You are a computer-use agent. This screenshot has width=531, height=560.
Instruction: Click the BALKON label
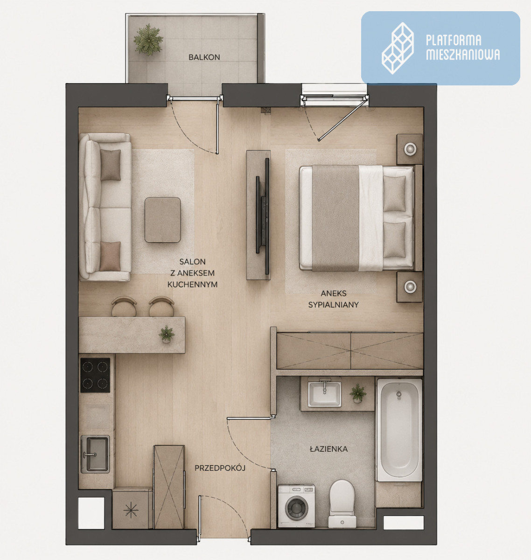coord(204,57)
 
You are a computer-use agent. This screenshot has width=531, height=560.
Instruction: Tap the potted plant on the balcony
coord(148,40)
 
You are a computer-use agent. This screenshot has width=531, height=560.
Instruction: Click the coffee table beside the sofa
coord(163,220)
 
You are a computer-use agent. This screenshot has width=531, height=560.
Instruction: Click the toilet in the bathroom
coord(342,504)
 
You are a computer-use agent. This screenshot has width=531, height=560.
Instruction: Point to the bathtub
coord(399,430)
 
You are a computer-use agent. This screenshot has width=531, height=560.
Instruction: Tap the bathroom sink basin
coord(324,394)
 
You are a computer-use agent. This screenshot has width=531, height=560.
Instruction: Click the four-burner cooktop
coord(95,375)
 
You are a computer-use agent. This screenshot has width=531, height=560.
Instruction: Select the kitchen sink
coord(95,454)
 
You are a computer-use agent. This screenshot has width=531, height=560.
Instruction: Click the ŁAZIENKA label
coord(329,449)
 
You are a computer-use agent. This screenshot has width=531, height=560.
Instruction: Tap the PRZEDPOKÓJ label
coord(220,468)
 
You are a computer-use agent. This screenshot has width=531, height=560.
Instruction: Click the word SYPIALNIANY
coord(333,305)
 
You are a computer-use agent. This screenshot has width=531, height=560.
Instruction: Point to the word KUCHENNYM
coord(192,285)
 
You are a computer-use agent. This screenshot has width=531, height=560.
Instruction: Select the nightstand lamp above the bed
coord(410,148)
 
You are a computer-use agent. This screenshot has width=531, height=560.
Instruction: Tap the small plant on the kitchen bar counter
coord(167,334)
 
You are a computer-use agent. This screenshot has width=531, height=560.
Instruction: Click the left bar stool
coord(124,307)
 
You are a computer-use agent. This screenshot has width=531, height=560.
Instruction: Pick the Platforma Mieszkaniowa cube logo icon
coord(398,48)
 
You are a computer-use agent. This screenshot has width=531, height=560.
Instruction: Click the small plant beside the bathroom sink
coord(358,393)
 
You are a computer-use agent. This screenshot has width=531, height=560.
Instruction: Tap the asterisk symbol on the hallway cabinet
coord(131,510)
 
